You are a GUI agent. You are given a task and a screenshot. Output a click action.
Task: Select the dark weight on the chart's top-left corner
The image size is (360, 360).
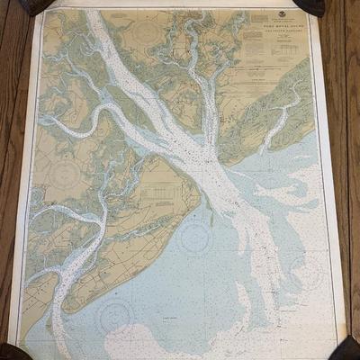pos(36,6)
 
